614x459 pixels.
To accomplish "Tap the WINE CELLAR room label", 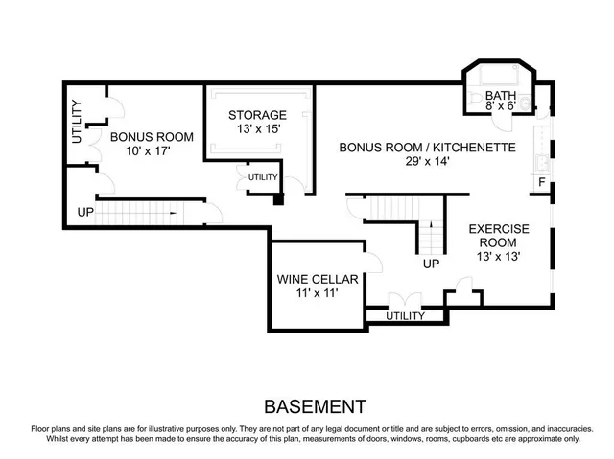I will pos(318,280).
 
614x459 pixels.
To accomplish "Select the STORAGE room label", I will pos(257,115).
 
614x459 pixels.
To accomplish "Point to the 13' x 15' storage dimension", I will pos(257,129).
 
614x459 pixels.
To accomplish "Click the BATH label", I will pos(500,96).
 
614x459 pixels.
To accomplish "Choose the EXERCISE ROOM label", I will pos(498,236).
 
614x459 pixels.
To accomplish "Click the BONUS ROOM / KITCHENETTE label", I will pos(428,148).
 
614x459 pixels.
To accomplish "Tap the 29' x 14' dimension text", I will pos(428,162).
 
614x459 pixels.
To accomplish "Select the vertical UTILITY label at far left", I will pos(77,122).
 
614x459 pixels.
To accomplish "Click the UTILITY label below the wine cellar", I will pos(405,315).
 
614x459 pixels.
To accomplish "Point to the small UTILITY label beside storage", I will pos(263,177).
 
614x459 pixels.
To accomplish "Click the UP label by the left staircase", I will pos(85,211).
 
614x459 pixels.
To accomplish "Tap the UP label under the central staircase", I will pos(432,263).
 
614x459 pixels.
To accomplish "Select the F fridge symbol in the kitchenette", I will pos(542,182).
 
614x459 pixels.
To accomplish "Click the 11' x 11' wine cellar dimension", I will pos(318,294).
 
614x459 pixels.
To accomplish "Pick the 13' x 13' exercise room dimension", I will pos(498,257).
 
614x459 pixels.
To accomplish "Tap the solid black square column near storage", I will pos(279,200).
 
